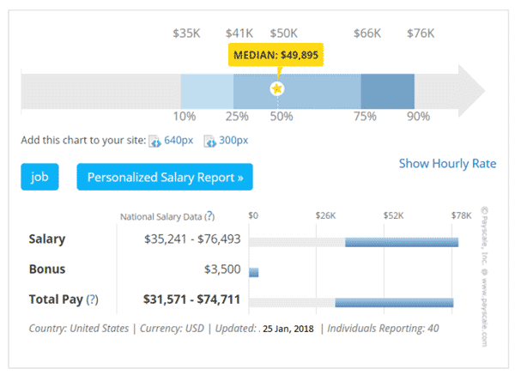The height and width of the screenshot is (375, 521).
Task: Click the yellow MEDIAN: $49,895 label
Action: [x=278, y=55]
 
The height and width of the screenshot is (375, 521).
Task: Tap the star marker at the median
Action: [x=277, y=89]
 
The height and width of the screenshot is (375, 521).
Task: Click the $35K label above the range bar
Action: [x=186, y=33]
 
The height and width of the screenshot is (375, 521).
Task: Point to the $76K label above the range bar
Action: [x=421, y=33]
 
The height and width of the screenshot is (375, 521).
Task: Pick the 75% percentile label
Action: [x=367, y=116]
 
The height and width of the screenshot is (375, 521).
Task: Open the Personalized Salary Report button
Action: [x=165, y=178]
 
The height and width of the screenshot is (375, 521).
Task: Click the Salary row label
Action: [x=47, y=239]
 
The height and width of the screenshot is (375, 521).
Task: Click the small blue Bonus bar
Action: [x=254, y=272]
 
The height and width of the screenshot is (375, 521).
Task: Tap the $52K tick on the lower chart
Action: [x=394, y=215]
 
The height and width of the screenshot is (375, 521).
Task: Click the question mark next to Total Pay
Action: [x=92, y=299]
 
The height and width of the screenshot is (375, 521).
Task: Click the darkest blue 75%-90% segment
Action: [x=387, y=90]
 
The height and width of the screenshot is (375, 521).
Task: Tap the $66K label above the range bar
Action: [x=367, y=33]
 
